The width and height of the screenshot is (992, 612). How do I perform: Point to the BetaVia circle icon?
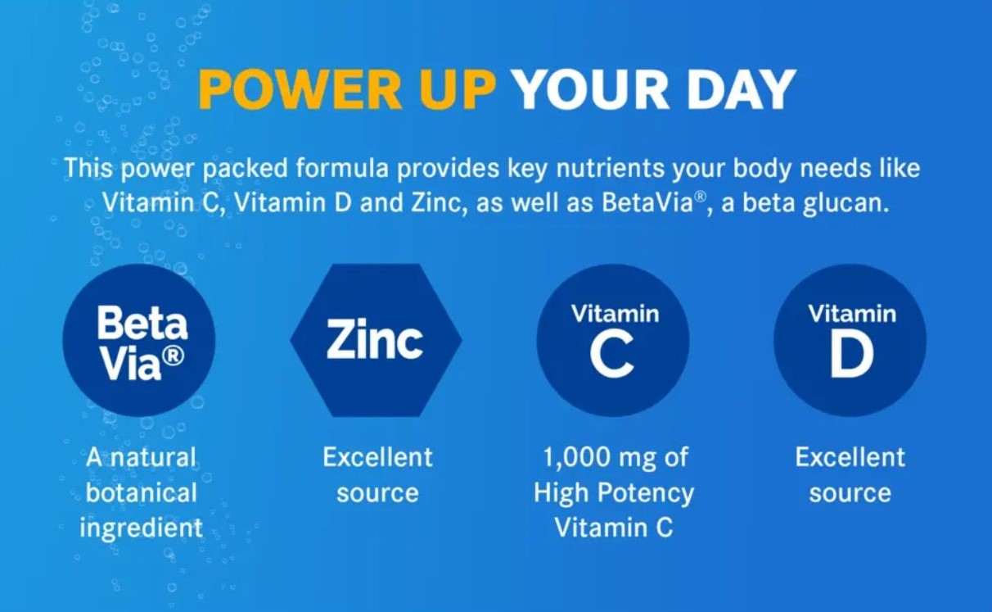[x=139, y=340]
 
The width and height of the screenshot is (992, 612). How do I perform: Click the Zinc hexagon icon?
[x=376, y=340]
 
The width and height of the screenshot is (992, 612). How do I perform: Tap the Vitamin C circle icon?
[x=613, y=340]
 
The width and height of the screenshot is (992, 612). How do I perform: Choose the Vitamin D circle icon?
[x=850, y=340]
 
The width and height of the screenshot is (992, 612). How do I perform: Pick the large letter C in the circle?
[x=611, y=356]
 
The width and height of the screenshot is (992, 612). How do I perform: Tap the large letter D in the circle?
[x=851, y=356]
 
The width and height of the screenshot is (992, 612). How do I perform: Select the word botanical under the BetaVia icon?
[x=142, y=492]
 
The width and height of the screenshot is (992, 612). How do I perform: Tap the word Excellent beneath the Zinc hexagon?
[x=377, y=457]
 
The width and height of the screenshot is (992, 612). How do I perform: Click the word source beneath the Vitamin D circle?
[x=850, y=493]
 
